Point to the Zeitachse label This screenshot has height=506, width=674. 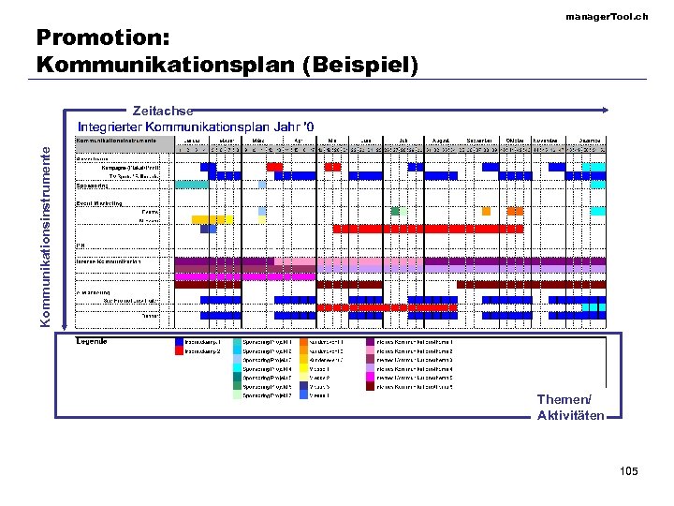[163, 111]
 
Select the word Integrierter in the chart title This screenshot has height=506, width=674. [113, 126]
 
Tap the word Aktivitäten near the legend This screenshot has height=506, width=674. [570, 415]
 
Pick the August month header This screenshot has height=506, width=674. [441, 140]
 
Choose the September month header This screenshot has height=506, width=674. [478, 140]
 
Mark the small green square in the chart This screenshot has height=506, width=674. [395, 211]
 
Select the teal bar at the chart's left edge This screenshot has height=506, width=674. [191, 185]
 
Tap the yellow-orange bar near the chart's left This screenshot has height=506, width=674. [212, 219]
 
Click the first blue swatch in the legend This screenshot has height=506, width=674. [179, 342]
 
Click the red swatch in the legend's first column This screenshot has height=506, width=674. [179, 351]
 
